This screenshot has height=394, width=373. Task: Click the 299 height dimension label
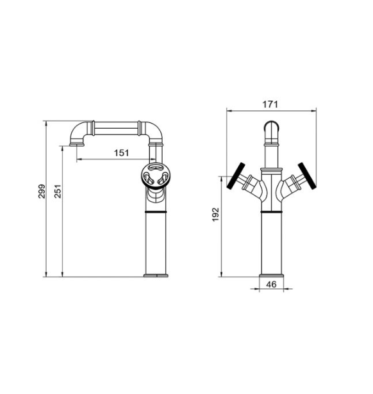coord(42,192)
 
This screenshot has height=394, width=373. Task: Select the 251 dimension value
coord(58,192)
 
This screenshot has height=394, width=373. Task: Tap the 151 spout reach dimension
coord(121,152)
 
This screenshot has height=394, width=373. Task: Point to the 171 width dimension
coord(270,104)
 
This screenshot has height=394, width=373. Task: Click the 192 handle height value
coord(215,215)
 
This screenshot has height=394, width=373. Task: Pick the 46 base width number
coord(271,284)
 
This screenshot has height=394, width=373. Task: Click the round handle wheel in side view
coord(155,176)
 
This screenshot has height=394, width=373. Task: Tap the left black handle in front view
coord(236,176)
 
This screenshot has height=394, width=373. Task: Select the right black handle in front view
coord(307,176)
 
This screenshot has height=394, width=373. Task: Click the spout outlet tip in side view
coord(76,144)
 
